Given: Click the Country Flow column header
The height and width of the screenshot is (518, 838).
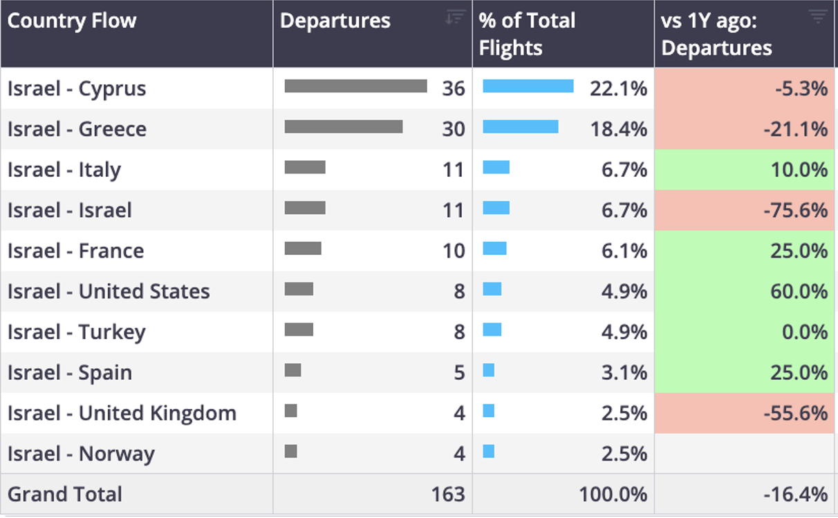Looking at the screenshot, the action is pyautogui.click(x=72, y=21).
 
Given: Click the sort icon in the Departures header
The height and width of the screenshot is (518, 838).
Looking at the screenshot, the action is pyautogui.click(x=455, y=17).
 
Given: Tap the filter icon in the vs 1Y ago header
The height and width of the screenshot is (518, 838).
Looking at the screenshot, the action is pyautogui.click(x=818, y=16).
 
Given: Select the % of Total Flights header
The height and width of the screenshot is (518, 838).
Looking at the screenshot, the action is pyautogui.click(x=527, y=34).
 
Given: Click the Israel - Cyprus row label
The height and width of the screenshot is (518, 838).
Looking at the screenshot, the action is pyautogui.click(x=77, y=89).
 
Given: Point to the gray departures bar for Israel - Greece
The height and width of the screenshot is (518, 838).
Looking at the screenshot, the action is pyautogui.click(x=344, y=126).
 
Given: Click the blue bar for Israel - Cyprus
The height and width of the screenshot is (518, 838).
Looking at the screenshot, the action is pyautogui.click(x=528, y=86).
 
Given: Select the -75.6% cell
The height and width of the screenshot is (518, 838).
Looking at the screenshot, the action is pyautogui.click(x=795, y=211).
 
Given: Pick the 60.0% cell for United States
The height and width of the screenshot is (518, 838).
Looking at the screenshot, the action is pyautogui.click(x=799, y=291).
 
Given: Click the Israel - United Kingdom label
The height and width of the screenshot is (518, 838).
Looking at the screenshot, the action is pyautogui.click(x=122, y=413).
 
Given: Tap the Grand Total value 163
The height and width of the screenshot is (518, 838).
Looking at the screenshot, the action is pyautogui.click(x=448, y=494).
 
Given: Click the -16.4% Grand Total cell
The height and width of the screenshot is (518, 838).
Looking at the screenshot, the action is pyautogui.click(x=795, y=494).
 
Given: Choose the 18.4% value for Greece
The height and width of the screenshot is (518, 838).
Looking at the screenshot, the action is pyautogui.click(x=618, y=129).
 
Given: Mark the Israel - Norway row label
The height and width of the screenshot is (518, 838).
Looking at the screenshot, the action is pyautogui.click(x=81, y=454).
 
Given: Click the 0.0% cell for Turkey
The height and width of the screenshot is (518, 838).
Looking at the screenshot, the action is pyautogui.click(x=805, y=332).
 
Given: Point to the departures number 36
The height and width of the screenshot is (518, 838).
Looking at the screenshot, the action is pyautogui.click(x=454, y=89).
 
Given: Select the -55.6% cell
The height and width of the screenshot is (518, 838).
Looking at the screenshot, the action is pyautogui.click(x=795, y=413).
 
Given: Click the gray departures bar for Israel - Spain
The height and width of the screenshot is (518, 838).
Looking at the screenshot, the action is pyautogui.click(x=292, y=370).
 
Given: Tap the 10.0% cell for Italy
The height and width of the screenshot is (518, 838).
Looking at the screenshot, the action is pyautogui.click(x=799, y=170).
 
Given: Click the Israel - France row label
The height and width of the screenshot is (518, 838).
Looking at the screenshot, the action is pyautogui.click(x=75, y=251).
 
